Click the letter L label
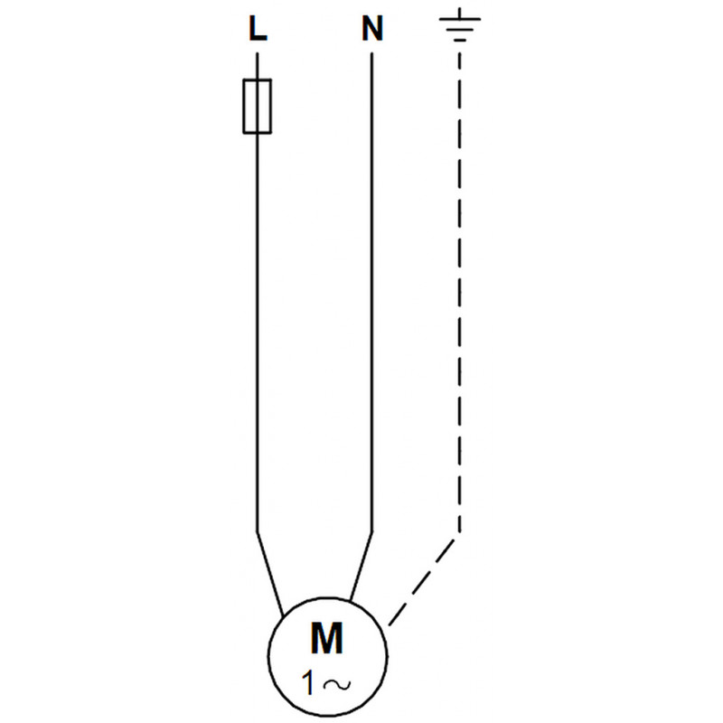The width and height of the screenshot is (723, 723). tap(258, 29)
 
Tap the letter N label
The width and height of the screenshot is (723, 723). tap(372, 29)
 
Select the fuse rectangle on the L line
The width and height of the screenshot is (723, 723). tap(258, 106)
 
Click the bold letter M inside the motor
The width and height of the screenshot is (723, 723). tap(327, 638)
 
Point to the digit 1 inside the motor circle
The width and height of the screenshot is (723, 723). tap(308, 683)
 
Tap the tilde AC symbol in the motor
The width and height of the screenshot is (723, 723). tap(337, 685)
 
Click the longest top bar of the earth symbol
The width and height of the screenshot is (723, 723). tap(460, 19)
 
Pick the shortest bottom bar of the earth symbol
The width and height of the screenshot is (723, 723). tap(460, 40)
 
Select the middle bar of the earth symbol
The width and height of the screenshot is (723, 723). tap(460, 30)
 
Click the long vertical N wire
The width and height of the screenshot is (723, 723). tap(372, 292)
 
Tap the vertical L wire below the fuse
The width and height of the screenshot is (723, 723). tap(258, 333)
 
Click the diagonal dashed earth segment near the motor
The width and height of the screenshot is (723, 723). tap(422, 582)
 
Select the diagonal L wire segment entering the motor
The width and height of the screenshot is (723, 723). tap(269, 575)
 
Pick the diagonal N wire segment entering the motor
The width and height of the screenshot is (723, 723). tap(361, 568)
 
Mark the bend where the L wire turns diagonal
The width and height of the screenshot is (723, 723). tap(258, 531)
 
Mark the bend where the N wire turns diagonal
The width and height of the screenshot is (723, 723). tap(372, 532)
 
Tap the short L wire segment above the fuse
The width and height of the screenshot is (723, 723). tap(258, 66)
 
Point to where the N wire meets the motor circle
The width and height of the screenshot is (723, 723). tap(351, 602)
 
